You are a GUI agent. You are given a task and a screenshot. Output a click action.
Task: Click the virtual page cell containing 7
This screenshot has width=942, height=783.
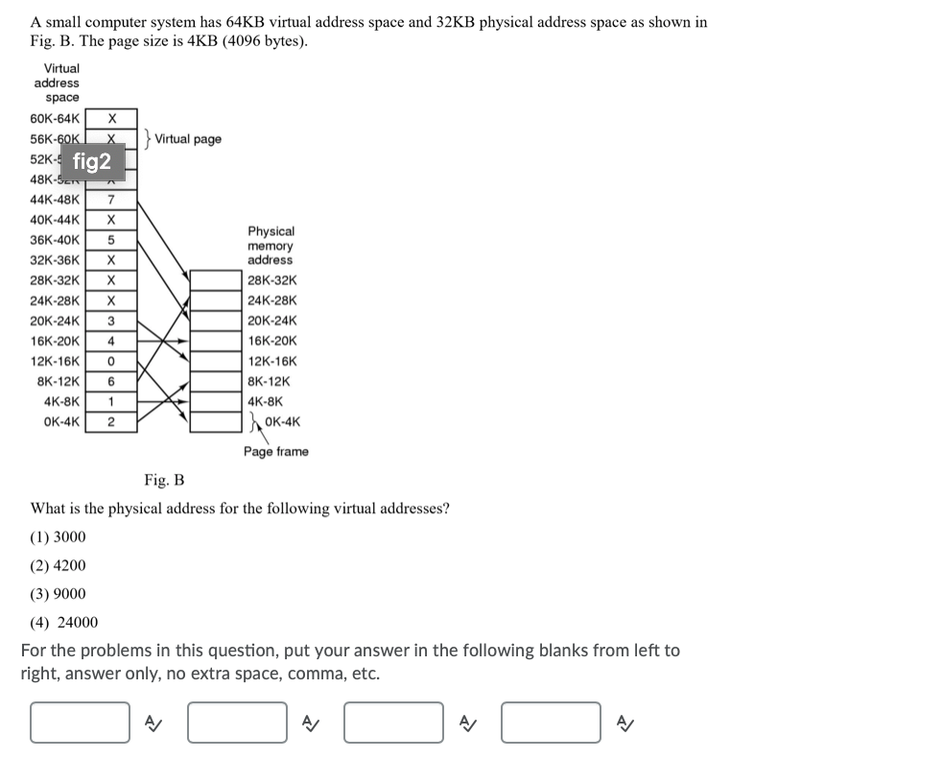click(x=111, y=200)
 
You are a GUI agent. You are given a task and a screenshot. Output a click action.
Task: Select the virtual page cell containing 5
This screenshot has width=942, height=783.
click(x=111, y=240)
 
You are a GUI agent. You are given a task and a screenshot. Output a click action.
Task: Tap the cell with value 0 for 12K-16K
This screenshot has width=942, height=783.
click(x=111, y=361)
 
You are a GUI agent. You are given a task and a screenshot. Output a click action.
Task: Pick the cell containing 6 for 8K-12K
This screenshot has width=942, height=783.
click(x=111, y=381)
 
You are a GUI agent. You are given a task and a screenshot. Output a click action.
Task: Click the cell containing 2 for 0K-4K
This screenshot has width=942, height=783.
click(x=111, y=421)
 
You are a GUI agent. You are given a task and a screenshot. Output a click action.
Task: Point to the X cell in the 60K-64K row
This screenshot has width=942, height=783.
click(x=111, y=119)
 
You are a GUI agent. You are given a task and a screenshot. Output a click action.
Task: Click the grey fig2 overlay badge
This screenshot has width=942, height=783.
click(x=92, y=161)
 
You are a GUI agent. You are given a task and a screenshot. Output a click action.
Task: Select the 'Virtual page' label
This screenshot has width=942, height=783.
click(x=188, y=139)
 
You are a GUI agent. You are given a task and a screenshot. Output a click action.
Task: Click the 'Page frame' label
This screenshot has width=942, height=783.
click(x=276, y=451)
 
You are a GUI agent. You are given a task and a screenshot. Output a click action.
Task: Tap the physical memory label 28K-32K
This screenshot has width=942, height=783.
click(x=271, y=280)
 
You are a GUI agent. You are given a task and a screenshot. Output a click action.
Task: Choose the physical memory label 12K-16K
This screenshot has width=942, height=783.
click(x=271, y=361)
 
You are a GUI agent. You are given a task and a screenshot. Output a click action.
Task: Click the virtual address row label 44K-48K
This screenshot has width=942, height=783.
click(x=55, y=200)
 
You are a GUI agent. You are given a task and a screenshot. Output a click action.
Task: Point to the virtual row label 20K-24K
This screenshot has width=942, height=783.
click(x=55, y=320)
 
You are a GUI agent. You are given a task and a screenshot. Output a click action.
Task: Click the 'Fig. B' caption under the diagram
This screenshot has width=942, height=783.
click(x=164, y=480)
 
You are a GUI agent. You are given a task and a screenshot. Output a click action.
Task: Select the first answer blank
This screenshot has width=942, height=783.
click(x=80, y=723)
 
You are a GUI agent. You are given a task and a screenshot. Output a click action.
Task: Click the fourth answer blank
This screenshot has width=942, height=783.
click(x=552, y=723)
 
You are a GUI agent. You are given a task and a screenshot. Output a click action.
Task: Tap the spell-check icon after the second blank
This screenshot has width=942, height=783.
click(x=310, y=723)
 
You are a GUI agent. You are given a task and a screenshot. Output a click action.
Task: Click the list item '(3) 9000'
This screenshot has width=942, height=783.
click(x=59, y=594)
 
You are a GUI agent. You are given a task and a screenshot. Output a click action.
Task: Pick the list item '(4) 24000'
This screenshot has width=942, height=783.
click(x=63, y=622)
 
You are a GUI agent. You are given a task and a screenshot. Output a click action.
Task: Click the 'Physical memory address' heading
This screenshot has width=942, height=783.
click(x=271, y=246)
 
